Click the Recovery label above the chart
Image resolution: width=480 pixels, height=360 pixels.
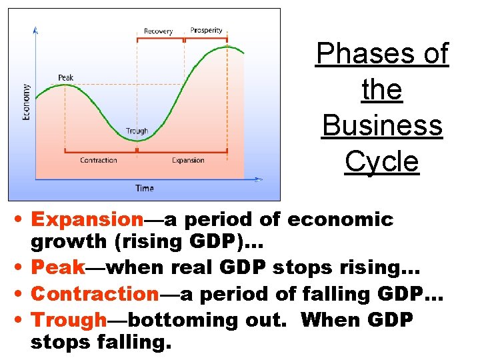click(x=158, y=31)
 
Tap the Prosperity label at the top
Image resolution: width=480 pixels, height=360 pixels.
click(x=206, y=30)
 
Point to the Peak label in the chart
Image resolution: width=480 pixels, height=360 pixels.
click(x=65, y=78)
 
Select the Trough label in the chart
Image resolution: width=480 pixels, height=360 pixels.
click(x=137, y=131)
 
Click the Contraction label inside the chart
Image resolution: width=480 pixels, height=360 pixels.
click(x=98, y=161)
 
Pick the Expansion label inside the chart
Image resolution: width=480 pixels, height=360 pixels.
click(x=188, y=161)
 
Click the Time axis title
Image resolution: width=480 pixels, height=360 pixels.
click(x=144, y=189)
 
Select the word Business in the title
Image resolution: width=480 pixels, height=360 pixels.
click(x=381, y=125)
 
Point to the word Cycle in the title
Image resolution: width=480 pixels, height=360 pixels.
click(x=381, y=161)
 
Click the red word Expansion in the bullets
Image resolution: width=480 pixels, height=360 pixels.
click(x=87, y=219)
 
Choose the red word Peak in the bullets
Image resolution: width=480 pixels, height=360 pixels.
click(x=58, y=267)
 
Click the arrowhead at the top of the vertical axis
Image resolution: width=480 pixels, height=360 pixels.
click(x=35, y=29)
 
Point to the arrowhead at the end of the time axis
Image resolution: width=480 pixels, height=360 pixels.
click(x=259, y=179)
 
